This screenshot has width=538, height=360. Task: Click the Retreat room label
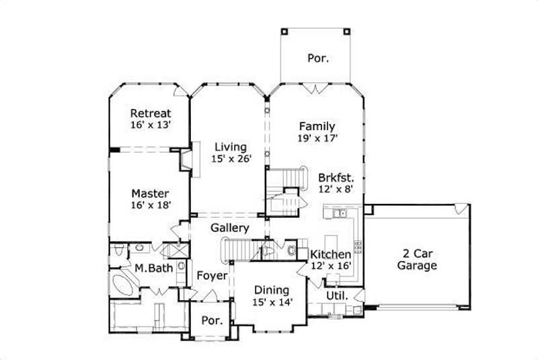pos(151,113)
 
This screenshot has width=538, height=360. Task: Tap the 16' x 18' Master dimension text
pos(151,205)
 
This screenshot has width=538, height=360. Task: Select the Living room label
pos(231,147)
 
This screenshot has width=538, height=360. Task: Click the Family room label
pos(317,126)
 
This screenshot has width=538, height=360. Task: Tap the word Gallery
pos(230,228)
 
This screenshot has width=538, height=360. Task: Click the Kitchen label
pos(330,254)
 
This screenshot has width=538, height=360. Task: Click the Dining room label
pos(272,290)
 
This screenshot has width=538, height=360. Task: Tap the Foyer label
pos(212,276)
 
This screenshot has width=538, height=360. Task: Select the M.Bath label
pos(153,268)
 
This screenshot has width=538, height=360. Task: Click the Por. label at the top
pos(318,58)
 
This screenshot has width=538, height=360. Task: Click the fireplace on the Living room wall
pos(186,160)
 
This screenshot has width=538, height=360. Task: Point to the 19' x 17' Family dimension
pos(317,138)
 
